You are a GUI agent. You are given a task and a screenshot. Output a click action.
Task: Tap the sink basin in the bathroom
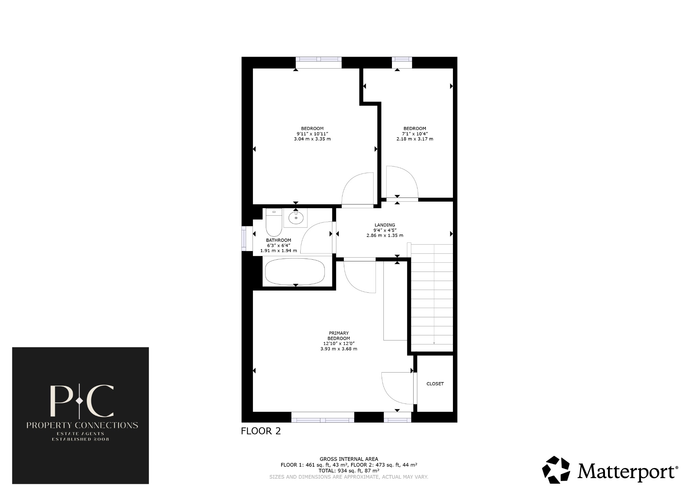[x=295, y=218]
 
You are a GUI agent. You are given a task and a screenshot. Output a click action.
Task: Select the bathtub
[x=295, y=272]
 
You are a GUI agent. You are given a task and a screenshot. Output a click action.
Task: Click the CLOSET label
[x=435, y=384]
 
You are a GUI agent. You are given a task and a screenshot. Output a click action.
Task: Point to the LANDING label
[x=385, y=225]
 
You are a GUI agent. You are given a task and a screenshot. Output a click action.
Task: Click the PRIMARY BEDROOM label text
[x=338, y=336]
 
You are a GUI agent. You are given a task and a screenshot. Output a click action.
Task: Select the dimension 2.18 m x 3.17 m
[x=414, y=139]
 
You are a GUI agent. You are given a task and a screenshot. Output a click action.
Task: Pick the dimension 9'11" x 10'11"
[x=312, y=134]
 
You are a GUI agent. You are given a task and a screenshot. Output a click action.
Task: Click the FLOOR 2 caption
[x=261, y=431]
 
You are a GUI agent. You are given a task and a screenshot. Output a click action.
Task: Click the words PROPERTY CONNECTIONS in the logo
[x=82, y=425]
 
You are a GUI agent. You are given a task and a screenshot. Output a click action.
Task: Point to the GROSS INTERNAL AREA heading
[x=348, y=459]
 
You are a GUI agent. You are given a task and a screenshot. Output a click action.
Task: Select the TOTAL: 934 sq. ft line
[x=348, y=470]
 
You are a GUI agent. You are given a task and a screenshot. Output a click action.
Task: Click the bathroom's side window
[x=244, y=238]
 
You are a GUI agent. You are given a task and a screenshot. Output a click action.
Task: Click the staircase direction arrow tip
[x=434, y=343]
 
